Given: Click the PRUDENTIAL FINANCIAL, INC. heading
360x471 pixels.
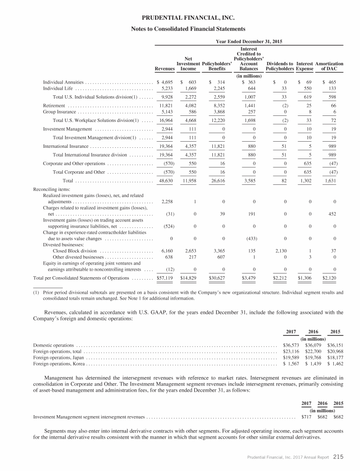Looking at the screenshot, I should click(x=180, y=18).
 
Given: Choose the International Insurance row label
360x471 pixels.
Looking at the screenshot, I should click(x=62, y=146).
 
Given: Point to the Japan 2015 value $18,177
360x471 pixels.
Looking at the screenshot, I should click(x=334, y=357).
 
